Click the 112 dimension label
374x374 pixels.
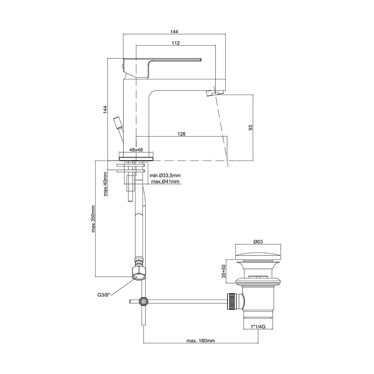175,43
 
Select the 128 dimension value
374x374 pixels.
181,134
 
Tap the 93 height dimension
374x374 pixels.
251,128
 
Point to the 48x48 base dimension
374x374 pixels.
136,150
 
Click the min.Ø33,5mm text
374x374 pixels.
165,175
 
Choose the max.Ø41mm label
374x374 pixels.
165,182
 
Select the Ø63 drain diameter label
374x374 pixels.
258,242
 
